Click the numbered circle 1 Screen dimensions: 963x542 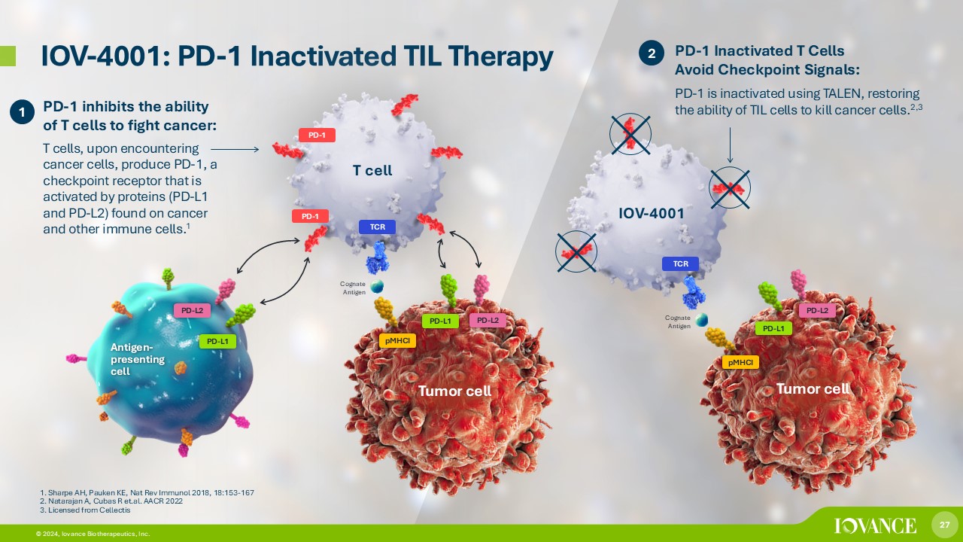22,112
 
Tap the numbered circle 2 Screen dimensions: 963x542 652,53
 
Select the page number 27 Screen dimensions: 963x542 944,525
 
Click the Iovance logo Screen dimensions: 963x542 875,525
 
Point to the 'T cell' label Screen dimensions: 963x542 372,170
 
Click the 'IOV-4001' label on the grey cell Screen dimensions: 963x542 652,213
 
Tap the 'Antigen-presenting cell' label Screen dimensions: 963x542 138,359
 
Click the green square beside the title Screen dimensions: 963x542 8,56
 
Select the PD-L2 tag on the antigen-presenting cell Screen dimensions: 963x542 192,310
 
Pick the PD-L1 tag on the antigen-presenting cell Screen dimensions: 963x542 217,342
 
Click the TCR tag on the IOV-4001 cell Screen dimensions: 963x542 680,263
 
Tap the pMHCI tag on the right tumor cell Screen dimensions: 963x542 740,362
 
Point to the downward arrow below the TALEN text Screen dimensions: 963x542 730,145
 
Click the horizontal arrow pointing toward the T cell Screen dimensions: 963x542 235,149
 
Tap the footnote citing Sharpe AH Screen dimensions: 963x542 147,492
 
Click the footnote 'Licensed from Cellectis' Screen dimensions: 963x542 85,510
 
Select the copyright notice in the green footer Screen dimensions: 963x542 93,534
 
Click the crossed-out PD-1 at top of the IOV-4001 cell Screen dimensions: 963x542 630,134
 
